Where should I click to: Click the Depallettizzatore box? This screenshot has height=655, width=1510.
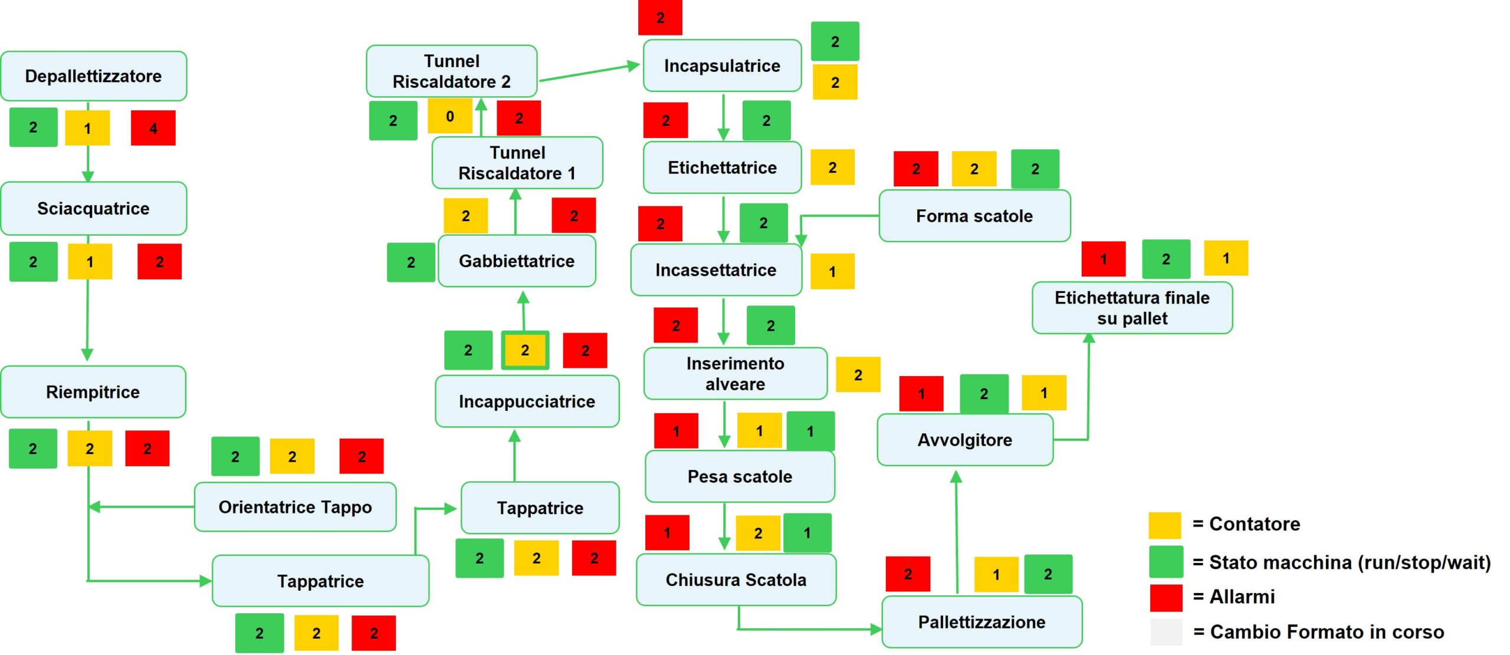(93, 76)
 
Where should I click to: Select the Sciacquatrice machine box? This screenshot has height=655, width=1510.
(93, 209)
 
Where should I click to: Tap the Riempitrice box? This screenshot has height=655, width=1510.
(93, 392)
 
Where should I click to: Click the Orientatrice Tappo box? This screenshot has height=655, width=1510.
(295, 507)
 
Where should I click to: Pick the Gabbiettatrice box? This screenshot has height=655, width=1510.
(517, 261)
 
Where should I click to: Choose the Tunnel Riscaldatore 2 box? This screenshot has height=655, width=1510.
(451, 71)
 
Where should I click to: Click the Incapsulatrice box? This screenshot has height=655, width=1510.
(722, 65)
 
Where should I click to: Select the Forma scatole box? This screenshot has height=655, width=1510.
(974, 216)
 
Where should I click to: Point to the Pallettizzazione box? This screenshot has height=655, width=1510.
(981, 622)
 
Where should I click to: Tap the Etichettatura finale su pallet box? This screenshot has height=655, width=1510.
(1132, 308)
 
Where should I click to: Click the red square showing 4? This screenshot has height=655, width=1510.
(153, 128)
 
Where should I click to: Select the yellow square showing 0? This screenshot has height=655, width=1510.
(449, 116)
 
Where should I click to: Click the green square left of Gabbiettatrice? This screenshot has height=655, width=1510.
(411, 262)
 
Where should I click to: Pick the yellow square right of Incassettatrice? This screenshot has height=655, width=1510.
(832, 272)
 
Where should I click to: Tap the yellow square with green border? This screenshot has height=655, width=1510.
(525, 350)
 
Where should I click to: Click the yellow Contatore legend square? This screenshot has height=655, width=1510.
(1164, 525)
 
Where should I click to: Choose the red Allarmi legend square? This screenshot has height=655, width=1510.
(1166, 597)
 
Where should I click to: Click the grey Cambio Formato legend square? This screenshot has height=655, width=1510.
(1166, 632)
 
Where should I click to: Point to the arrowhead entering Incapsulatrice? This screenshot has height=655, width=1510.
(635, 65)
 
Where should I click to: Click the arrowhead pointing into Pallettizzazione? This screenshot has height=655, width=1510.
(877, 629)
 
